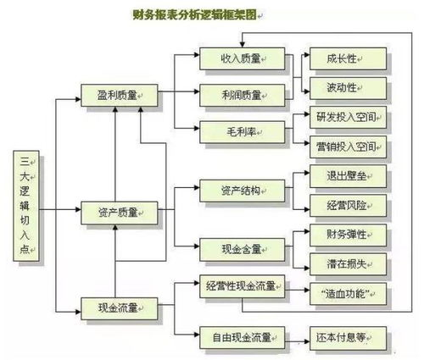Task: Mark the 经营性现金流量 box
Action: click(240, 285)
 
